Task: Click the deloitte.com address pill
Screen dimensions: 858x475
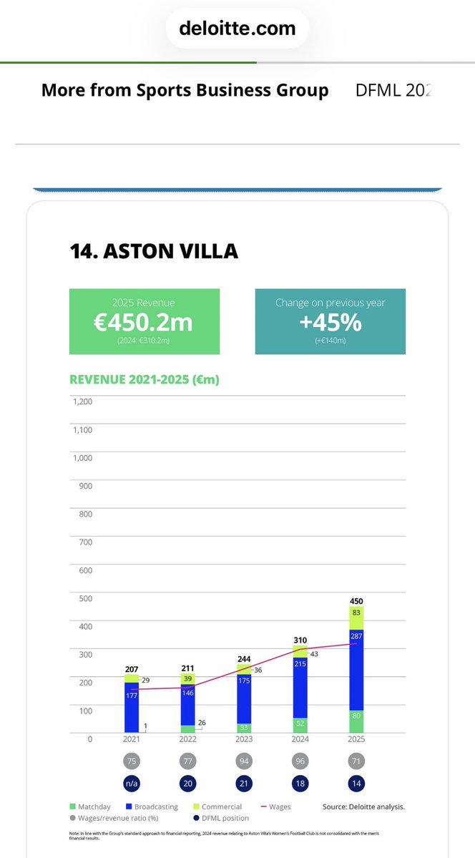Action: click(x=237, y=28)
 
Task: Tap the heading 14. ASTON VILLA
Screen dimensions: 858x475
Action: click(x=154, y=251)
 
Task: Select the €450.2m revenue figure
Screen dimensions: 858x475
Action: click(x=144, y=323)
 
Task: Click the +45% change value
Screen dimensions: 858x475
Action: click(x=330, y=322)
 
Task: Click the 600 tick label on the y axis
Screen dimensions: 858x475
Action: click(x=86, y=570)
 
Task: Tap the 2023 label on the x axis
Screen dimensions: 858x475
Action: click(x=244, y=739)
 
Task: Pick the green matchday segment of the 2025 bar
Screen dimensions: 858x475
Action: click(x=356, y=717)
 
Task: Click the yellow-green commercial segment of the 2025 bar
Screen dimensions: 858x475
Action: click(x=356, y=618)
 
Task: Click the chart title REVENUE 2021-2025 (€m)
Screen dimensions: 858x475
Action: click(x=144, y=379)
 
